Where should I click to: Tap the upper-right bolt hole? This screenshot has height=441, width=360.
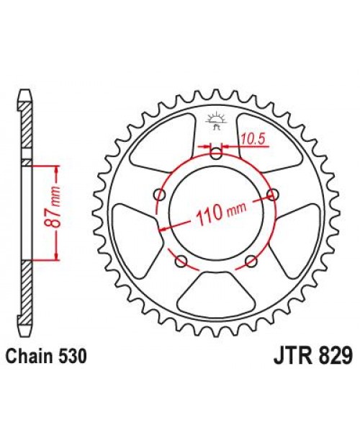pos(272,195)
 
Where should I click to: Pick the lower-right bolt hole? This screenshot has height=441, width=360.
pos(251,260)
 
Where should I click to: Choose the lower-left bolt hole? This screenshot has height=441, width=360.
pos(181,259)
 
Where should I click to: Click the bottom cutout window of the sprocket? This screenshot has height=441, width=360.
pos(216,290)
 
